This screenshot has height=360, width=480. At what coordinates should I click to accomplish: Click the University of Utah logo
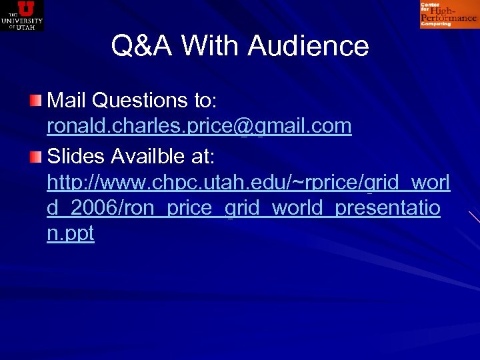22,15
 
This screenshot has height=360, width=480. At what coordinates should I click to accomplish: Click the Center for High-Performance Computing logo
449,15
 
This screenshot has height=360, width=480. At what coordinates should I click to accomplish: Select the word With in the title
211,46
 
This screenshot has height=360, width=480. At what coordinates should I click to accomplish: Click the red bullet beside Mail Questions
36,101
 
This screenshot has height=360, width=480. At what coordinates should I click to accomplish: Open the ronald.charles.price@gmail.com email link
199,127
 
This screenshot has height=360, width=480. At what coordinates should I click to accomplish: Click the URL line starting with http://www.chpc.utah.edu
248,181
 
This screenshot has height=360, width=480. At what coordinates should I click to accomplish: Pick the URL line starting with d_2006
243,208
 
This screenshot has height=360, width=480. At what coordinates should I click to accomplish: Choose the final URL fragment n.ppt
70,234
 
